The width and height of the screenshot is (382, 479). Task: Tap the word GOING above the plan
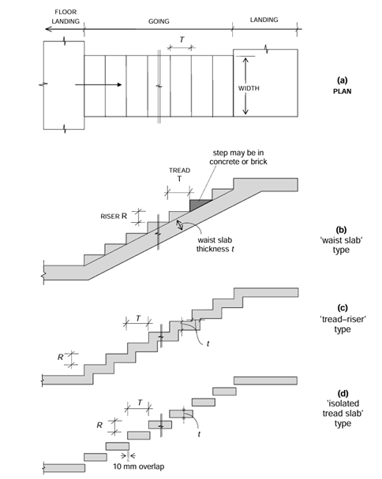point(159,22)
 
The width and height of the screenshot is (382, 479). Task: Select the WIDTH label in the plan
point(249,87)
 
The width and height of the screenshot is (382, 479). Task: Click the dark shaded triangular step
point(200,205)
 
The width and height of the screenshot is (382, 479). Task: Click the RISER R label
point(114,214)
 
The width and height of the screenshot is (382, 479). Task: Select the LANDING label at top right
point(264,17)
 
